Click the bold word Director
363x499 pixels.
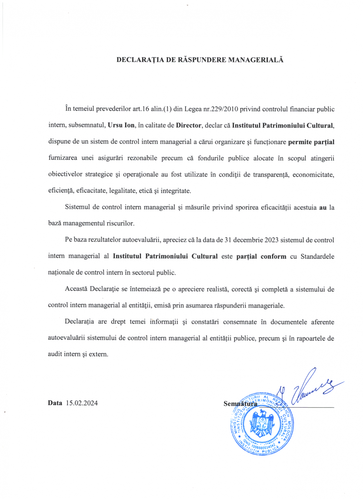189,125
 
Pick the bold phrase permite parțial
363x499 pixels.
311,142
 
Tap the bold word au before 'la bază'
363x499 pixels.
323,207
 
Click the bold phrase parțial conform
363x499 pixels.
261,256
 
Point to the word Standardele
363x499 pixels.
317,256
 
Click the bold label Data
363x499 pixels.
55,403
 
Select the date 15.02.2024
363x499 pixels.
82,403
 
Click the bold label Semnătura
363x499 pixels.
240,404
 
